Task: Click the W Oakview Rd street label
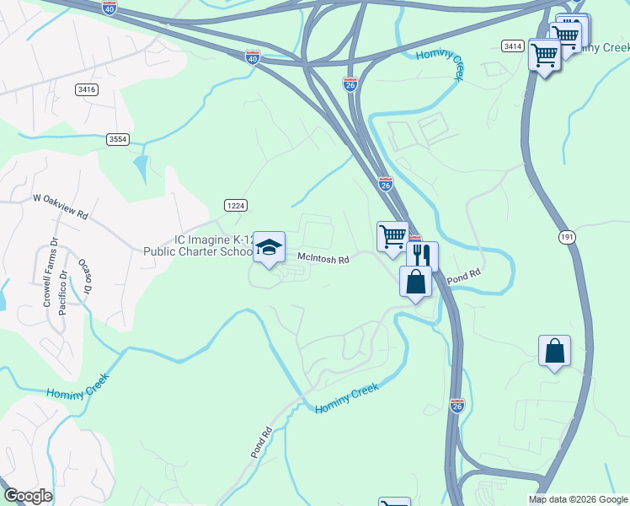pos(60,207)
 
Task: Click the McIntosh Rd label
pos(323,260)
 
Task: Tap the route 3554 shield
pos(119,139)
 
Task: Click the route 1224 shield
pos(235,205)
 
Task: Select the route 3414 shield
pos(511,45)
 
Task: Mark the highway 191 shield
pos(566,238)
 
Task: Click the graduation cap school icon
pos(269,247)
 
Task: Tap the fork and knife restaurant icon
pos(422,256)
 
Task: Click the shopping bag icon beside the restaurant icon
pos(416,281)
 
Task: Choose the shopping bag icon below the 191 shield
pos(554,351)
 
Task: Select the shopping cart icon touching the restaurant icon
pos(392,237)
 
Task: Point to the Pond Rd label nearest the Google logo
pos(259,443)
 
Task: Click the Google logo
pos(28,496)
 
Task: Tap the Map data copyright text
pos(578,499)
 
